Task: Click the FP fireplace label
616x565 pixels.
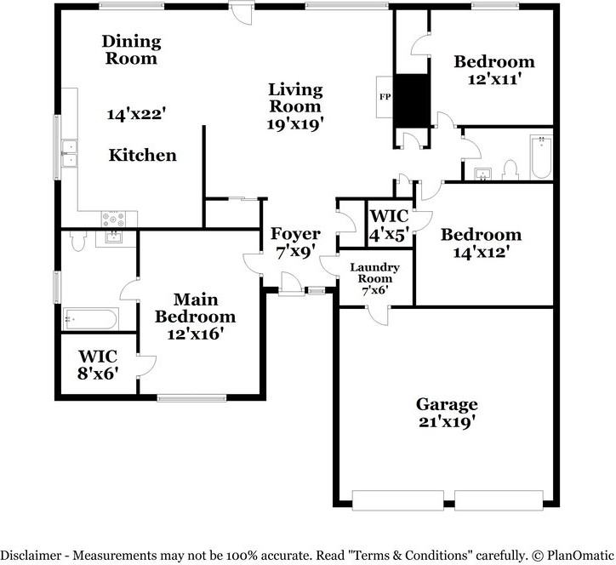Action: pos(385,96)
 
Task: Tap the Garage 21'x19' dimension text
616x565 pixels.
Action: pos(448,422)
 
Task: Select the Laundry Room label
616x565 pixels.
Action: pos(374,272)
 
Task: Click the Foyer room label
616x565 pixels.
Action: pos(295,234)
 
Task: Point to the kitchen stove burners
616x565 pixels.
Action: pos(113,220)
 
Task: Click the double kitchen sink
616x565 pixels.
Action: pos(69,153)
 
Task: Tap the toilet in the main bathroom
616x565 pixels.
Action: pos(78,241)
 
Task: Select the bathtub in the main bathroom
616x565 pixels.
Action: pos(90,319)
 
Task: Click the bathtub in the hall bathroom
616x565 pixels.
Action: pos(541,157)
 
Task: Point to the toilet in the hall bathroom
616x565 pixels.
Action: pos(510,170)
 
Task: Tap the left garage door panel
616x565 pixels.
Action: pos(398,499)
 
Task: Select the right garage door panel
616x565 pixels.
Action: pos(499,499)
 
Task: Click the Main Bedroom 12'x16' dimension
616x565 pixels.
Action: pos(195,334)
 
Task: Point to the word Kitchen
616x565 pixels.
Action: pos(143,155)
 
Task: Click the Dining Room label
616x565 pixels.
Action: pos(132,50)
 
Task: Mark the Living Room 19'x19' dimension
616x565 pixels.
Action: pos(295,124)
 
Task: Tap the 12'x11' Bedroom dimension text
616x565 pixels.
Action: pos(494,79)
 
